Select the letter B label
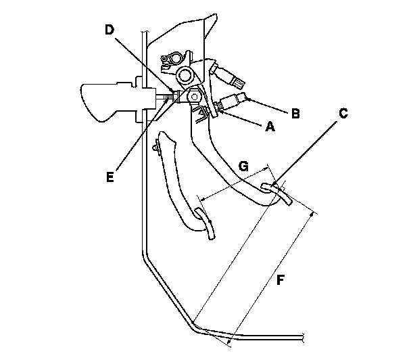[295, 113]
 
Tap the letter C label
[343, 114]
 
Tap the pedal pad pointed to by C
[277, 192]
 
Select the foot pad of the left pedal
[205, 223]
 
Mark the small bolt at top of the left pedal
[157, 144]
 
